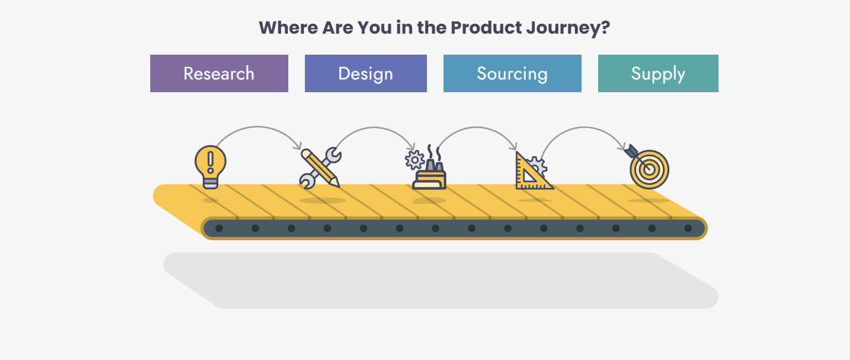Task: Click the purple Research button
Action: pos(219,73)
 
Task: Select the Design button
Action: pos(366,73)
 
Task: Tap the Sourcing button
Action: pos(512,73)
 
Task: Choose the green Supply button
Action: pos(658,73)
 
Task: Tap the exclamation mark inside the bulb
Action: pos(210,161)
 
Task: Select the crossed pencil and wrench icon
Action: pos(320,168)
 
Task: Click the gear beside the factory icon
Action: pos(414,160)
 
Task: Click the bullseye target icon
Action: pos(650,170)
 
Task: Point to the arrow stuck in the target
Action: pos(633,152)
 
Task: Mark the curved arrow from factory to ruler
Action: pos(477,128)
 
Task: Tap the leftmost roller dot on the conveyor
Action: pos(219,228)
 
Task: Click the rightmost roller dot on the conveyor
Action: pos(688,228)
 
